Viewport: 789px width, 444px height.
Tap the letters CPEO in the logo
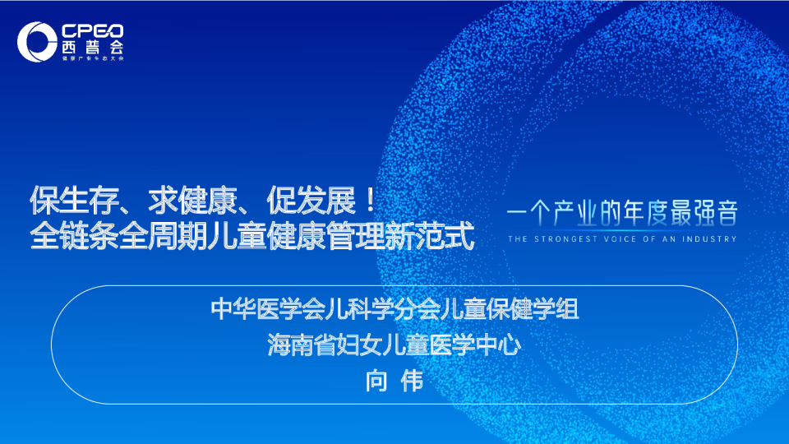[x=92, y=30]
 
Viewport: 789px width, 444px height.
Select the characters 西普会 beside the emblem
[x=92, y=48]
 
